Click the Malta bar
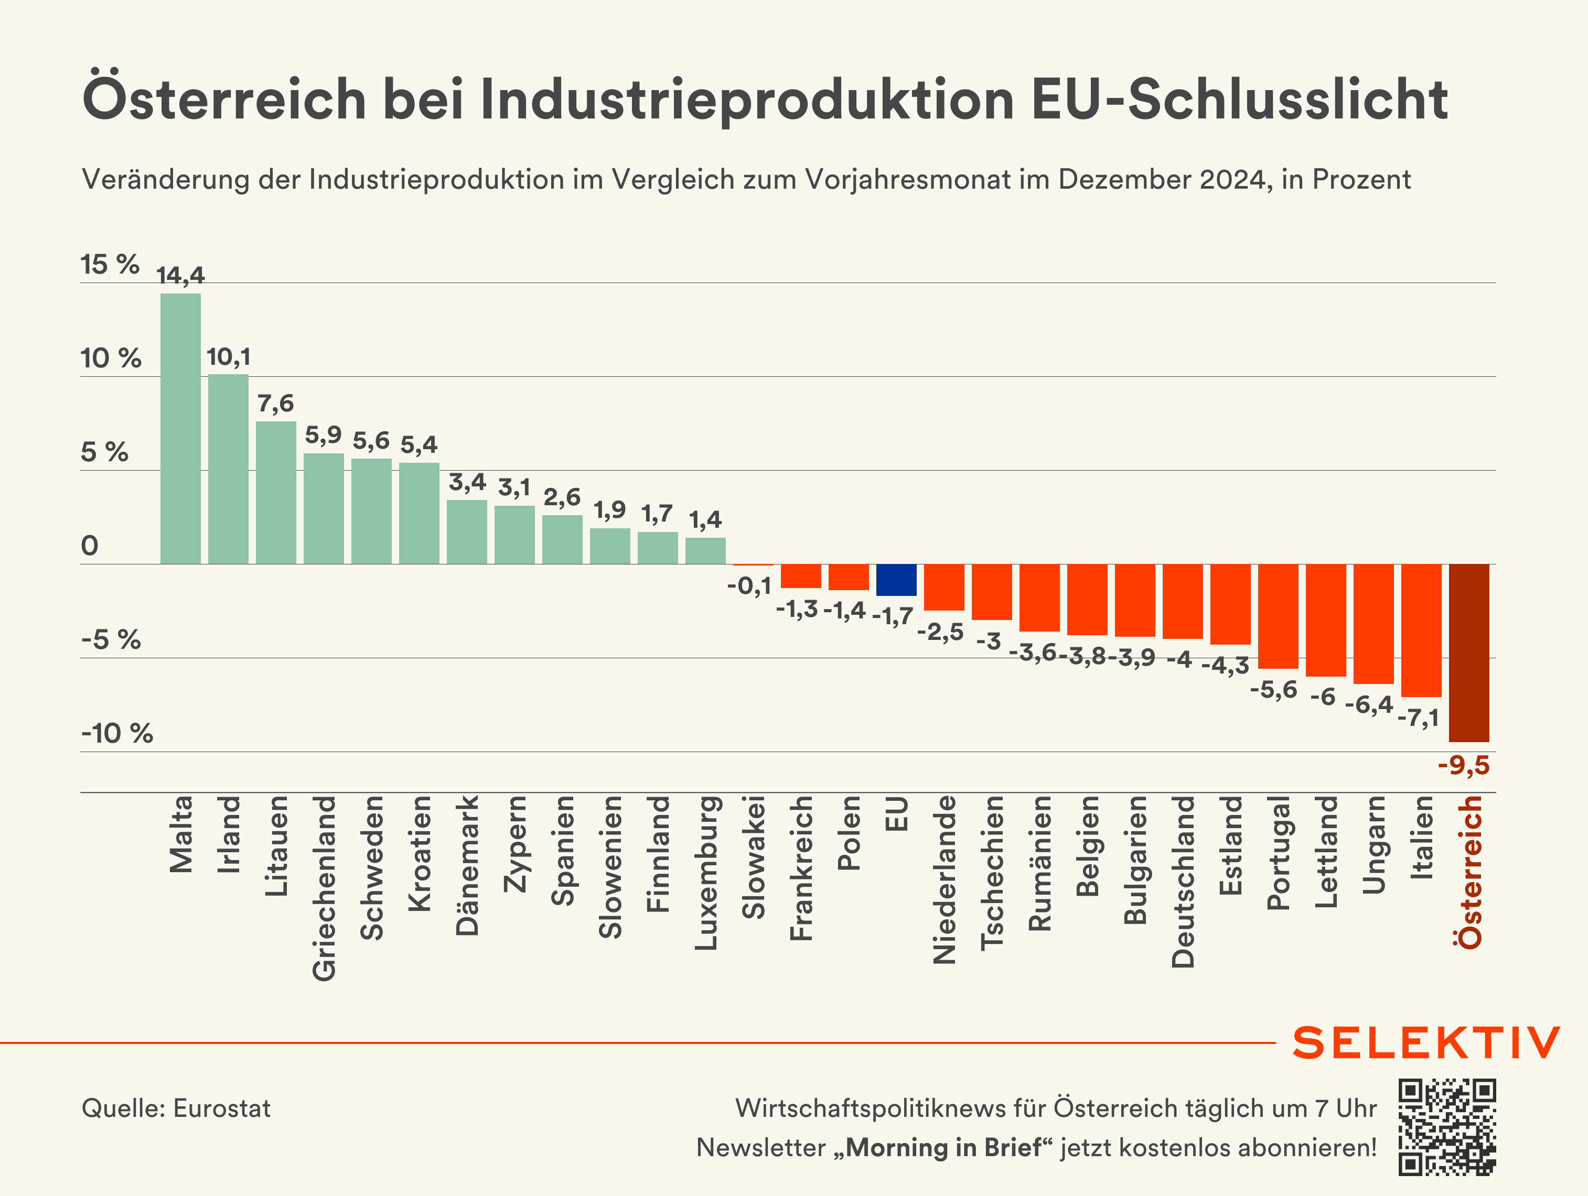point(180,429)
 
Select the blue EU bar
point(896,580)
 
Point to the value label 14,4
point(180,276)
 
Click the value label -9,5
point(1463,766)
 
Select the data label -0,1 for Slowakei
point(749,586)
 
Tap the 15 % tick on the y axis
point(110,265)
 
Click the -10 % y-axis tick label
point(117,733)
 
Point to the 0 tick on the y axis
point(90,546)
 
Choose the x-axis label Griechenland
point(324,888)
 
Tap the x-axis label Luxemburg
point(706,873)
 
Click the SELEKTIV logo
point(1426,1042)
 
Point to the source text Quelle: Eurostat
point(176,1108)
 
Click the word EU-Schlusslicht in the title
point(1240,99)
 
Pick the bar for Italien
point(1421,630)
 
